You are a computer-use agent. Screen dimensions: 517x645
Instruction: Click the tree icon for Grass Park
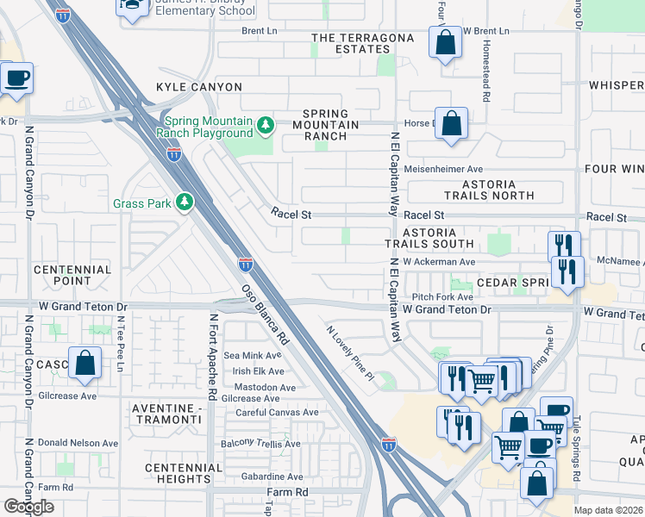click(184, 203)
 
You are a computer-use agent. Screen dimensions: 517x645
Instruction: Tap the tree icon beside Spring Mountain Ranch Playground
click(266, 127)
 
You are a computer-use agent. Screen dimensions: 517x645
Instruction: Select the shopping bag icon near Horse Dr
click(451, 125)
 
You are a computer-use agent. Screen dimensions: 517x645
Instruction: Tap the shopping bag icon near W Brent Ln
click(445, 44)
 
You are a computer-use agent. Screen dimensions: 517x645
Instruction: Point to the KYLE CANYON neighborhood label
click(198, 87)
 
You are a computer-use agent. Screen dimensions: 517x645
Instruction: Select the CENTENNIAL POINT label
click(72, 275)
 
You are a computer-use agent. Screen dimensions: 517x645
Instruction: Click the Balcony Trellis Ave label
click(260, 444)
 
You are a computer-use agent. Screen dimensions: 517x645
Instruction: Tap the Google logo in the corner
click(28, 507)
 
